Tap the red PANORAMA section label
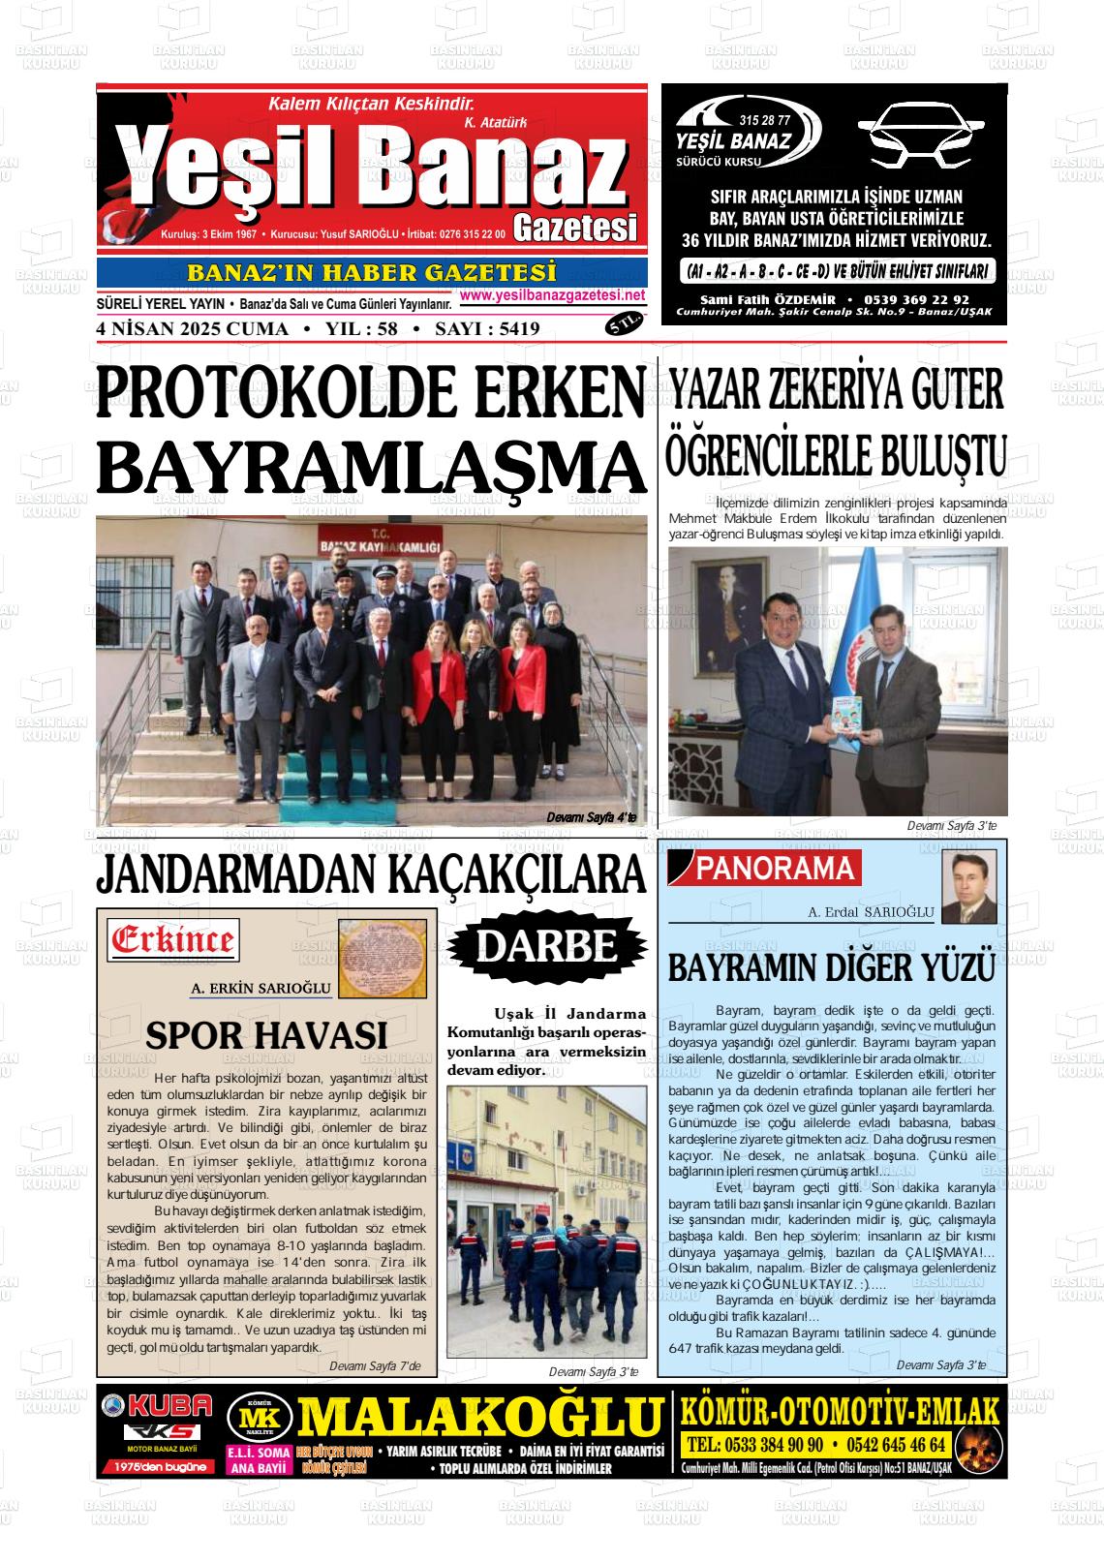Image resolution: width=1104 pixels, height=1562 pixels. pos(775,869)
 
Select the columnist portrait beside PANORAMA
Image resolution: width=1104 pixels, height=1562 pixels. pos(969,887)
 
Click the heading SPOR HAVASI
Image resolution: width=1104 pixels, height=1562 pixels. pos(266,1035)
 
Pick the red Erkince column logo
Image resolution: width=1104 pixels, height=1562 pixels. pos(173,940)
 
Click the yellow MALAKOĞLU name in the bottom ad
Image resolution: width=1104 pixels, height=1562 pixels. pos(478,1416)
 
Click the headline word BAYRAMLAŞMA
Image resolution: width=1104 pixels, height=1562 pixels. pos(371,467)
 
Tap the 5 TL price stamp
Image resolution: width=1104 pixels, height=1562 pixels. pos(624,324)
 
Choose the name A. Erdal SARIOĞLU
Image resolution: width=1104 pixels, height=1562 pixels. pos(871,912)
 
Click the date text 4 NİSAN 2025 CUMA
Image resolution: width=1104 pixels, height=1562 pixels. pos(193,329)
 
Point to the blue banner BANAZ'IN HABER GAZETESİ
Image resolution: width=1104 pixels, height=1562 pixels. pos(372,273)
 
